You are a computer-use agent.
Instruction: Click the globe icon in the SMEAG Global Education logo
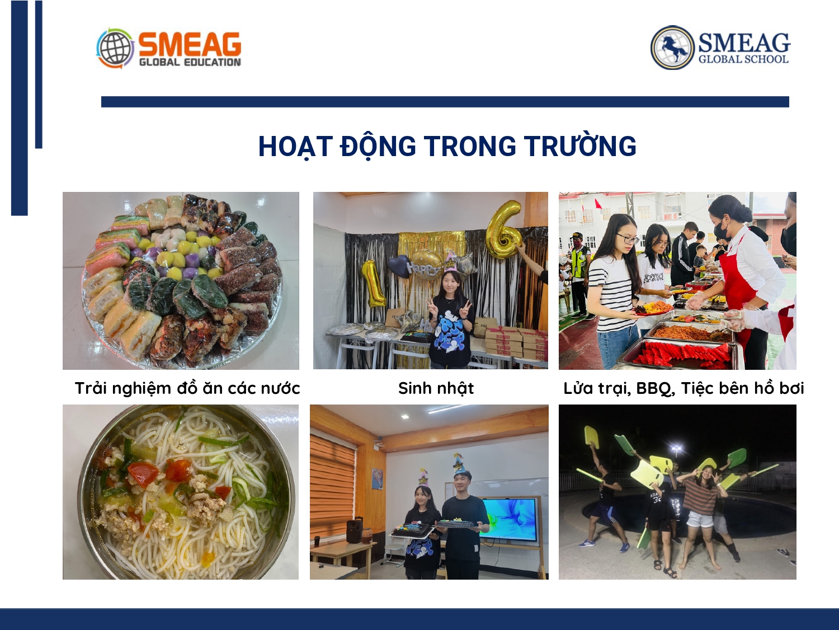tap(115, 48)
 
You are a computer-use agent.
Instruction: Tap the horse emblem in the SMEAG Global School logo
tap(672, 48)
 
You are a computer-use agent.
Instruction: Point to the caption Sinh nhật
tap(436, 388)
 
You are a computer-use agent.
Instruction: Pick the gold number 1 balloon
tap(373, 283)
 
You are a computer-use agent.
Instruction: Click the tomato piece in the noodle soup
tap(143, 473)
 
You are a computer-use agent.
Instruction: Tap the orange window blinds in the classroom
tap(332, 481)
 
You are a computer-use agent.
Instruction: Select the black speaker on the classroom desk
tap(355, 529)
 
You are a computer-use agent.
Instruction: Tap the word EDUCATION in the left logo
tap(212, 62)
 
